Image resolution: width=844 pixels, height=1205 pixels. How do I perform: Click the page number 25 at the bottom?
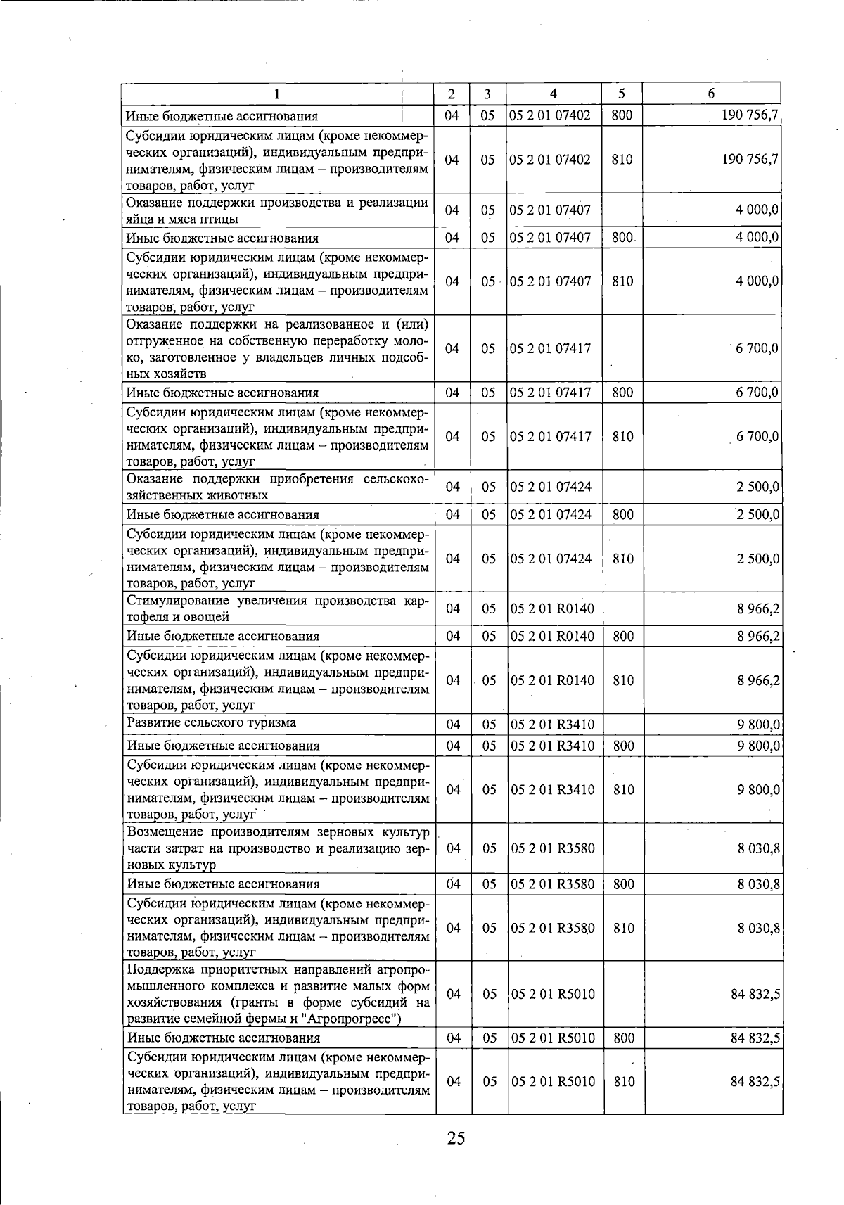(456, 1138)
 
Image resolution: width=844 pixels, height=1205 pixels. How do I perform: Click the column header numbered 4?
(554, 94)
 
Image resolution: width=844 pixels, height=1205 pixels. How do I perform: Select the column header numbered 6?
(711, 94)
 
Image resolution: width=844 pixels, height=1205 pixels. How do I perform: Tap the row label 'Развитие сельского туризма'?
(212, 722)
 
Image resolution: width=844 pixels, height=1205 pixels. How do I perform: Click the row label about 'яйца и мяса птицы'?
(277, 210)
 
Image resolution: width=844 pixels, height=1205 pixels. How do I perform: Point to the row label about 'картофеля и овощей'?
(277, 608)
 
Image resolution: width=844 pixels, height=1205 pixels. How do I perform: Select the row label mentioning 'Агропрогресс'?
(277, 994)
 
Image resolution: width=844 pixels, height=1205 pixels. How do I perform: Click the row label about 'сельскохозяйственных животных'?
(277, 487)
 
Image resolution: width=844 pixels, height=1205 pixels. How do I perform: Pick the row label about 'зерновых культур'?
(277, 848)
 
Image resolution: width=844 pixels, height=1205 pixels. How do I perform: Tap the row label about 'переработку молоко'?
(277, 348)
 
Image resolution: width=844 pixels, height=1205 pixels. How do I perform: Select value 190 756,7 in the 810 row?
(749, 160)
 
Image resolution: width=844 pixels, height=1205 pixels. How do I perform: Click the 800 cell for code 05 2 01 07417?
(622, 393)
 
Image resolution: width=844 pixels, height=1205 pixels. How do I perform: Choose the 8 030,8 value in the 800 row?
(757, 884)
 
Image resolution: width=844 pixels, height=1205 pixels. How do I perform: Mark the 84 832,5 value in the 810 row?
(755, 1082)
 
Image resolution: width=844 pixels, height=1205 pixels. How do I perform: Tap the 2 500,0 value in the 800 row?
(757, 514)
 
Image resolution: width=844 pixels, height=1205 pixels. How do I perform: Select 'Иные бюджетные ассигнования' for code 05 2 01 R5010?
(223, 1038)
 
